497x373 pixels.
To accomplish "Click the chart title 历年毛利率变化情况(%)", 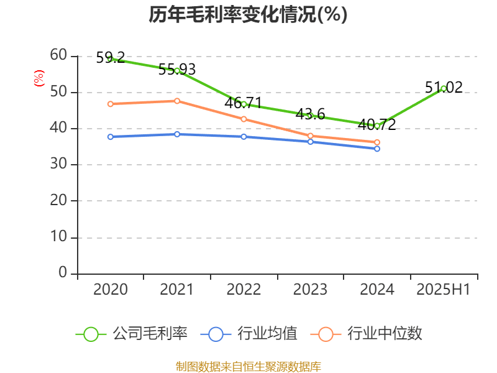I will pyautogui.click(x=248, y=15).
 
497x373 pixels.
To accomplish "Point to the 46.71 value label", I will pyautogui.click(x=243, y=103).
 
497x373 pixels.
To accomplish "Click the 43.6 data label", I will pyautogui.click(x=310, y=114).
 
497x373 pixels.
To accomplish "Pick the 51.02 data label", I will pyautogui.click(x=444, y=87).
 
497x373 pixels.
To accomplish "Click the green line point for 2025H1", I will pyautogui.click(x=444, y=89).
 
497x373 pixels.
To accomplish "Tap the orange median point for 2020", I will pyautogui.click(x=111, y=104).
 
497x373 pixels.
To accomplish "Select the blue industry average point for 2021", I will pyautogui.click(x=177, y=134).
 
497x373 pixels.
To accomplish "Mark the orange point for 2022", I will pyautogui.click(x=244, y=119).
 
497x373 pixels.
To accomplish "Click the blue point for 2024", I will pyautogui.click(x=377, y=149).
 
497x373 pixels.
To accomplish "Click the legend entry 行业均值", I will pyautogui.click(x=248, y=334).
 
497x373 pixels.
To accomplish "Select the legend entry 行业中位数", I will pyautogui.click(x=371, y=334).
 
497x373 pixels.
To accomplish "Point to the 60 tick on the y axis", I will pyautogui.click(x=58, y=56).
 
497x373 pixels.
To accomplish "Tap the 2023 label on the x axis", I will pyautogui.click(x=310, y=290).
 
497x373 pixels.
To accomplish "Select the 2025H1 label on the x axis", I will pyautogui.click(x=444, y=290).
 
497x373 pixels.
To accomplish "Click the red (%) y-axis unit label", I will pyautogui.click(x=39, y=78).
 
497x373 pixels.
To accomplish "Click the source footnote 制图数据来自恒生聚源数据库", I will pyautogui.click(x=248, y=366).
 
